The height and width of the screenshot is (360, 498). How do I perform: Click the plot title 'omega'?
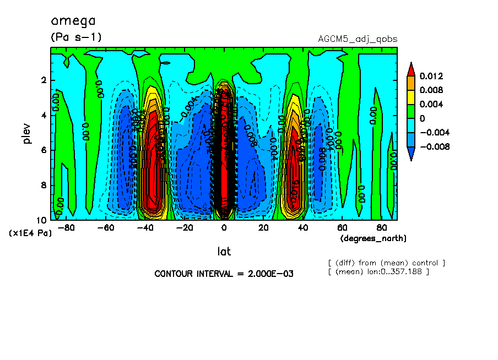click(x=73, y=21)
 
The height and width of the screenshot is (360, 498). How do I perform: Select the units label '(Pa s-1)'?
click(x=76, y=37)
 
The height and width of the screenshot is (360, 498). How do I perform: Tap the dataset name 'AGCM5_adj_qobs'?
click(x=358, y=39)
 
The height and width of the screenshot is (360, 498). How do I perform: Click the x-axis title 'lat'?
click(x=223, y=252)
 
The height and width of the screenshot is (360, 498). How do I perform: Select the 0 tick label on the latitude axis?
click(x=224, y=227)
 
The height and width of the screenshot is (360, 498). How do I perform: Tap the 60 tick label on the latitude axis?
click(x=342, y=227)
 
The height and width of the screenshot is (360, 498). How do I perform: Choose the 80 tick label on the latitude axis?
click(x=381, y=227)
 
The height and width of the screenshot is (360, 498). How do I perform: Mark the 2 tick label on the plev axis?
click(x=43, y=80)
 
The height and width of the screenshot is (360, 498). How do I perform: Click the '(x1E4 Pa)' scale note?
click(x=30, y=233)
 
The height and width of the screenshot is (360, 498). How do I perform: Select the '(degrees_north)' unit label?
click(x=373, y=238)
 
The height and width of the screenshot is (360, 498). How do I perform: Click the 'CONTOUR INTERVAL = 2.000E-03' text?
click(x=224, y=274)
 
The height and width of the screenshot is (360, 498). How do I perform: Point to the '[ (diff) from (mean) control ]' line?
click(x=386, y=263)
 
